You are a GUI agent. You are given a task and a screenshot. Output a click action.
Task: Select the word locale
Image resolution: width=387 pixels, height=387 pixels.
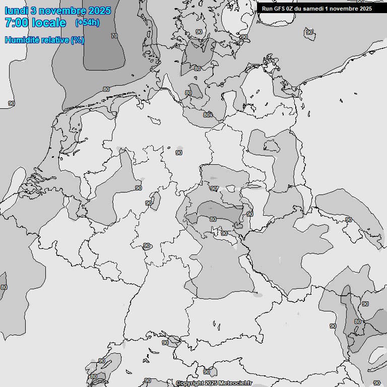49,23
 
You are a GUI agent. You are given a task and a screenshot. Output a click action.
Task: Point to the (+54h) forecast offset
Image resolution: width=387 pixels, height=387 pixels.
87,23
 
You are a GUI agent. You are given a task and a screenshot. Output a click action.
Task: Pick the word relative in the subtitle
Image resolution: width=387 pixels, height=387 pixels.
54,40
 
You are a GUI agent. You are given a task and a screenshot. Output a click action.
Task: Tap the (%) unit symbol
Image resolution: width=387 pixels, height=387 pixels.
77,40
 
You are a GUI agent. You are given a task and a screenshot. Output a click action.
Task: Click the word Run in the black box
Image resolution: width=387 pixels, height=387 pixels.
267,9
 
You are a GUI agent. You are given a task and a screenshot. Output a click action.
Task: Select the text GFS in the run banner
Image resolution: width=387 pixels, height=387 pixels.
279,9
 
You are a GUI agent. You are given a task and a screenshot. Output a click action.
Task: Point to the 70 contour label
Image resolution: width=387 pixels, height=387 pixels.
114,36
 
